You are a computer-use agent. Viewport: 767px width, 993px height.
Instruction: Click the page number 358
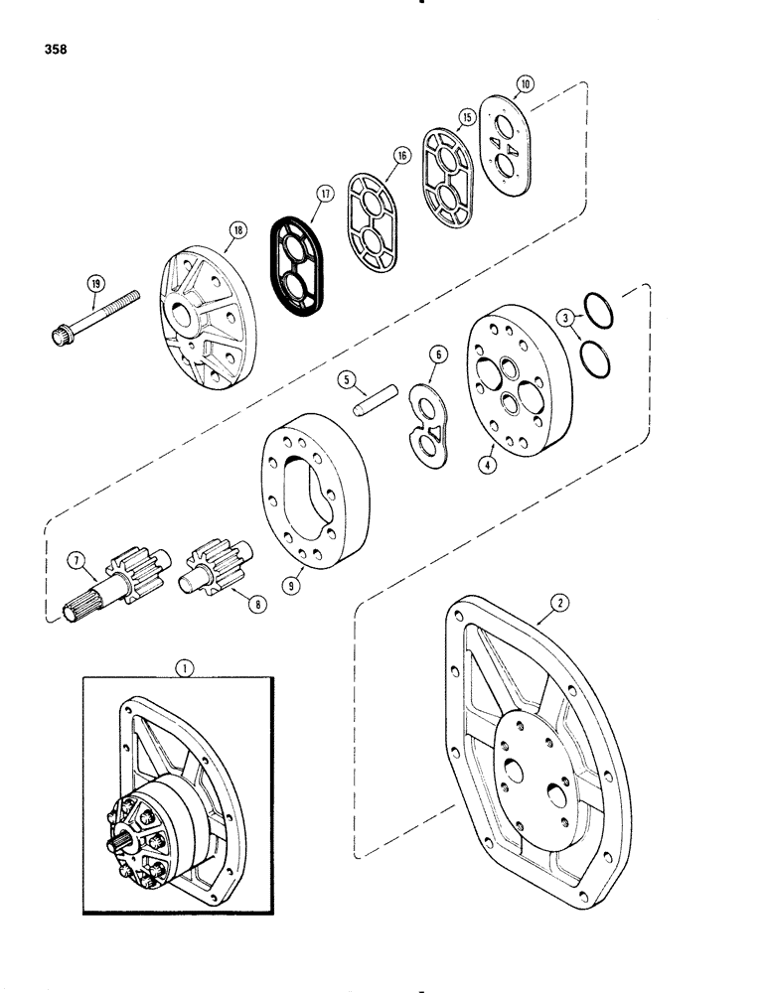[33, 47]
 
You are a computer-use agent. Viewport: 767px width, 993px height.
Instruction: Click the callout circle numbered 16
[400, 155]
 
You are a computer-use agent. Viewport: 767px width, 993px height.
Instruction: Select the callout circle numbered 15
[465, 117]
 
